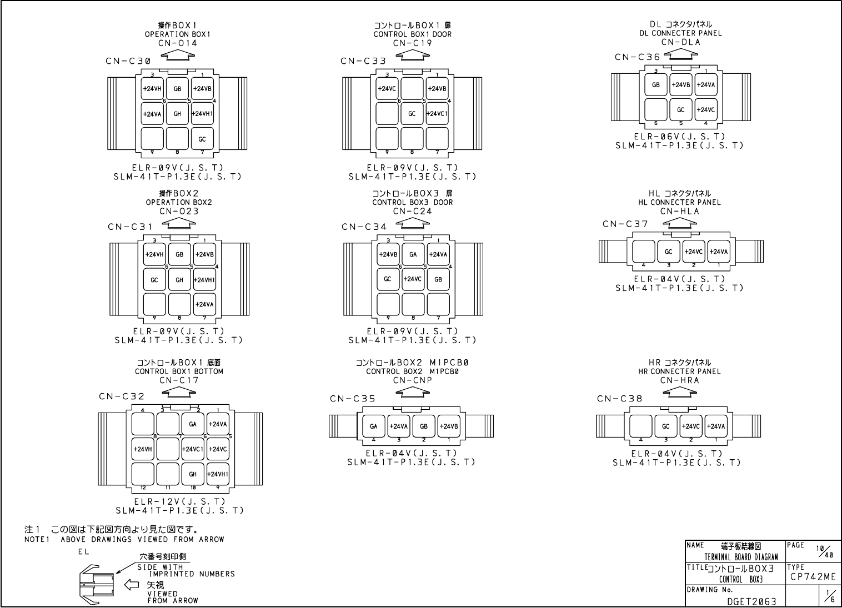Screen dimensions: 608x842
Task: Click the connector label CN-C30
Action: coord(128,61)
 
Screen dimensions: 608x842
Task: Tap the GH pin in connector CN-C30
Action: coord(177,114)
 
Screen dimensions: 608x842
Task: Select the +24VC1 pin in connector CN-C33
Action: coord(437,114)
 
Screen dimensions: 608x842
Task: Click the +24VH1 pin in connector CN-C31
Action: coord(204,280)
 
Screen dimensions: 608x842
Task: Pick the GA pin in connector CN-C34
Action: coord(413,254)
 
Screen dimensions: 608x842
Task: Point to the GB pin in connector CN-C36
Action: coord(656,85)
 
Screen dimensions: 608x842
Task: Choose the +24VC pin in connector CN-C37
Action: coord(694,252)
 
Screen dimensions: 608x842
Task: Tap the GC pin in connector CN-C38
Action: coord(666,426)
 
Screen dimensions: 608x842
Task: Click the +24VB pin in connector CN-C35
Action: coord(448,426)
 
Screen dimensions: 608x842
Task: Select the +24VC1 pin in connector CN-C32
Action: coord(192,449)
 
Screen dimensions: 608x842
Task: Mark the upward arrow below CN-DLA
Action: coord(680,56)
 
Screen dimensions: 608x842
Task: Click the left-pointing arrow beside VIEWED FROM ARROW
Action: coord(131,584)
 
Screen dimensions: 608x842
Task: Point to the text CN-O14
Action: coord(178,43)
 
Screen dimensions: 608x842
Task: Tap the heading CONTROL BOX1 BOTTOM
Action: coord(179,371)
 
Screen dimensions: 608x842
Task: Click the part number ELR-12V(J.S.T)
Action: coord(179,501)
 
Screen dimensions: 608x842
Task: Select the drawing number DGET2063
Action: coord(752,601)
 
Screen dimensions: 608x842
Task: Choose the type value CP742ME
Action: coord(813,577)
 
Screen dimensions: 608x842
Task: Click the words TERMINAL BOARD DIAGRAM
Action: coord(741,557)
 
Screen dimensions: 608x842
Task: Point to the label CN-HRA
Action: coord(680,380)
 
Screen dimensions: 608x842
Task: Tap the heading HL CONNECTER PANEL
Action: coord(680,202)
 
